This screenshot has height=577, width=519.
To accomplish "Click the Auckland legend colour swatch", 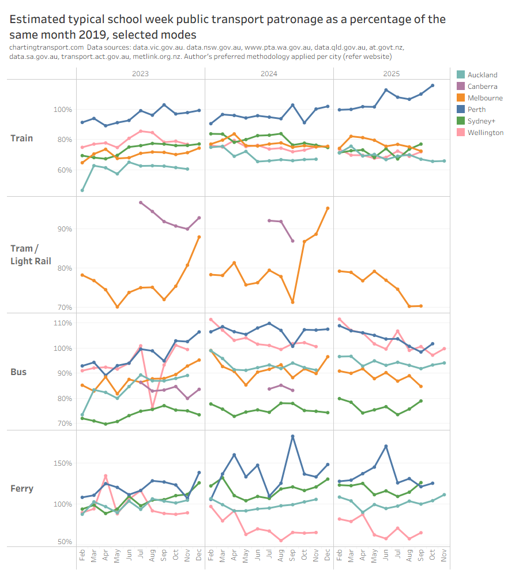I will click(x=460, y=75).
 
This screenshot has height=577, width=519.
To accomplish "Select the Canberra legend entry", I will click(x=482, y=87).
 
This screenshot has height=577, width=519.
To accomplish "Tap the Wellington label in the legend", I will click(x=486, y=133).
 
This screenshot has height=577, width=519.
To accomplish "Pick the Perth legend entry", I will click(x=477, y=110).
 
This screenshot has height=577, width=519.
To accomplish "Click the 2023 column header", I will click(x=140, y=74).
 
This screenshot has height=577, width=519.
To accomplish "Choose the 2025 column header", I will click(x=391, y=74).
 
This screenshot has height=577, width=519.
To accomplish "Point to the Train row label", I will click(x=22, y=138).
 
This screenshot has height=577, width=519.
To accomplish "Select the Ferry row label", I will click(x=22, y=489).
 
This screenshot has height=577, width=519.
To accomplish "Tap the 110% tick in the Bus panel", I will click(x=63, y=323).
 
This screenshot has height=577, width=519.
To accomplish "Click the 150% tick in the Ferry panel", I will click(x=63, y=463).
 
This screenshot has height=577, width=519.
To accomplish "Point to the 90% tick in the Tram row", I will click(x=65, y=229).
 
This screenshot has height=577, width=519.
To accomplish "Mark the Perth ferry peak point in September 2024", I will click(x=292, y=436).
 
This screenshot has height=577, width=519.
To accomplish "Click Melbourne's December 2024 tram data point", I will click(x=328, y=208).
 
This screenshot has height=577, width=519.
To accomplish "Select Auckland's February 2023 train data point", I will click(x=82, y=190).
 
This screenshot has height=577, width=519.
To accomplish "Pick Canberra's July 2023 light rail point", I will click(x=141, y=203).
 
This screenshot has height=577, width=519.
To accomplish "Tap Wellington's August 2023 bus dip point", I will click(x=152, y=409).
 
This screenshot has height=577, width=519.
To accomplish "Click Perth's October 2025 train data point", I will click(x=432, y=85).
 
